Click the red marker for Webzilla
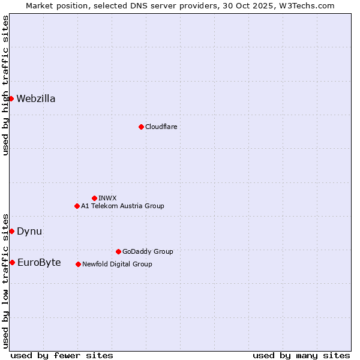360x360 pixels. [x=11, y=98]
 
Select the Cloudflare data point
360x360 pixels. [x=141, y=127]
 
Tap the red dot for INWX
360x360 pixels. [x=94, y=198]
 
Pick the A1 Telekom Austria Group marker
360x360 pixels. [x=77, y=206]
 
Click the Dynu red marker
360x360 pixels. [x=11, y=231]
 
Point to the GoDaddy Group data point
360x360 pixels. [x=118, y=251]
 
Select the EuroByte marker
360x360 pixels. [x=12, y=262]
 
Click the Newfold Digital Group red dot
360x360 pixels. [x=78, y=264]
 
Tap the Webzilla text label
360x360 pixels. [x=36, y=99]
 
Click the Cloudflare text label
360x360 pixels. [x=161, y=127]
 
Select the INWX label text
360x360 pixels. [x=107, y=198]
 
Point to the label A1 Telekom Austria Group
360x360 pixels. [x=122, y=206]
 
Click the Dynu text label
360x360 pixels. [x=29, y=232]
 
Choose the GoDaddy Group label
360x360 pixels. [x=148, y=251]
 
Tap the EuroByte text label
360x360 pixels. [x=39, y=263]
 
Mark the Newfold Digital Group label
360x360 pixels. [x=117, y=264]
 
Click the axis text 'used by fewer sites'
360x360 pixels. [x=62, y=355]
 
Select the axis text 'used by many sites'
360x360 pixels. [x=301, y=355]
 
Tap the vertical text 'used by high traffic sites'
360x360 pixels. [x=5, y=86]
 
